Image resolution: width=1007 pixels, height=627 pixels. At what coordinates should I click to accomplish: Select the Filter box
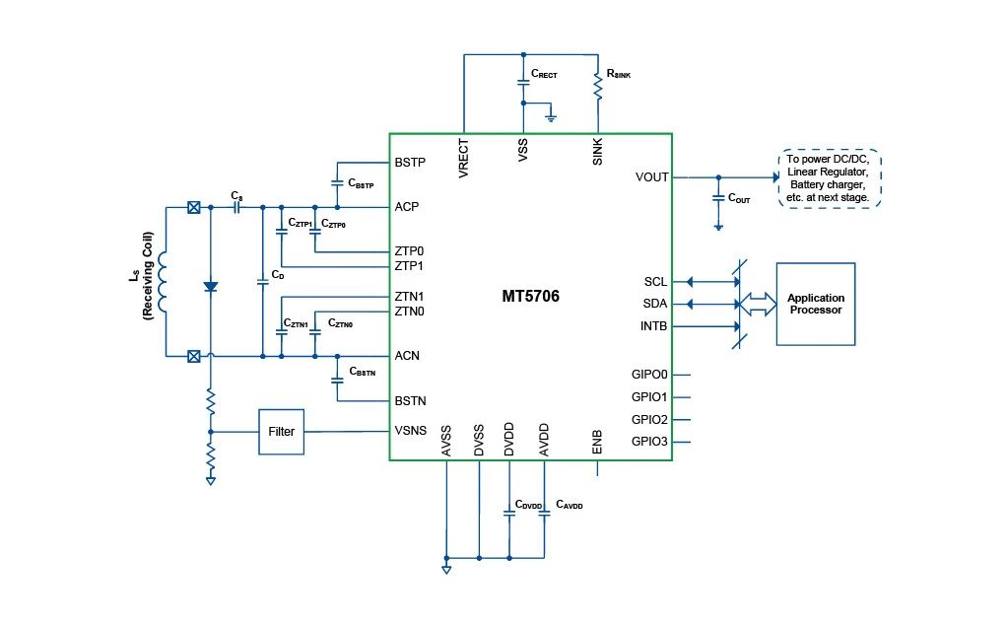pos(281,432)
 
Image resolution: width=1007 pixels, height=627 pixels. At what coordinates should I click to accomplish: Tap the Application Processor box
pos(815,304)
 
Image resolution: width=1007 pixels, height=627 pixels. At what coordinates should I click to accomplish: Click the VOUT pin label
pos(652,177)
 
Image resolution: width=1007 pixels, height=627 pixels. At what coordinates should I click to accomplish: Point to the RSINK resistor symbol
pos(597,87)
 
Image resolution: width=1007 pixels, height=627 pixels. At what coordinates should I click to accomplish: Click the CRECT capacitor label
pos(544,74)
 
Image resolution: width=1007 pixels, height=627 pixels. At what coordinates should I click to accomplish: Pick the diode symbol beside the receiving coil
pos(210,286)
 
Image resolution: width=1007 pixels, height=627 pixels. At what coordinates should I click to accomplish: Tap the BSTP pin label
pos(410,162)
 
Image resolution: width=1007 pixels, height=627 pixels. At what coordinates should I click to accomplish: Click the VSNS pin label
pos(410,431)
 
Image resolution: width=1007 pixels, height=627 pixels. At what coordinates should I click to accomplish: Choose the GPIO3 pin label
pos(649,442)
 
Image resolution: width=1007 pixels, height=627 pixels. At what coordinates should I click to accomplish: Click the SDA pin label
pos(654,304)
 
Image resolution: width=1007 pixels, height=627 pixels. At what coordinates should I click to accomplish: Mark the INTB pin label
pos(654,325)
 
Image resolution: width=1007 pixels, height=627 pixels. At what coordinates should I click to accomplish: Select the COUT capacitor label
pos(739,199)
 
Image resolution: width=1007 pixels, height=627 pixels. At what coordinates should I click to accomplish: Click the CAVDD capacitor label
pos(569,505)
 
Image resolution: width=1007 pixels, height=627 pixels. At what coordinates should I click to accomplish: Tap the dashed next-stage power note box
pos(828,178)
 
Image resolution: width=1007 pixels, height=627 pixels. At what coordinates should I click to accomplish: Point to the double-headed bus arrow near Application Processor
pos(756,304)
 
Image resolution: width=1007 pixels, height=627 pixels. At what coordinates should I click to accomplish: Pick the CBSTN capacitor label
pos(363,373)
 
